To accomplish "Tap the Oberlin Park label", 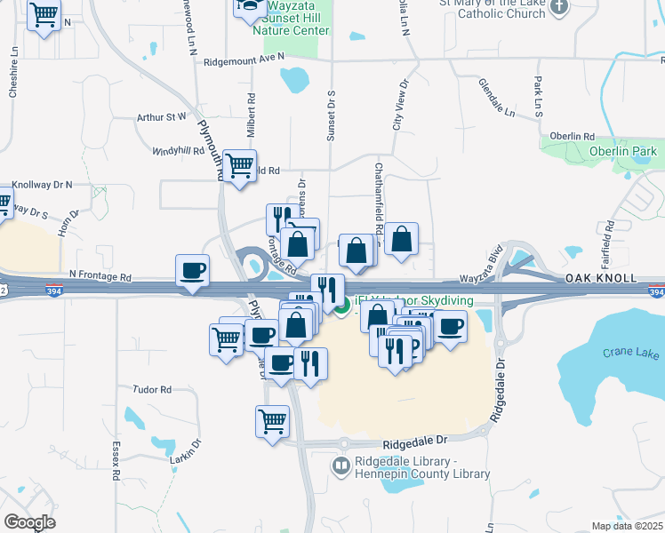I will click(622, 151).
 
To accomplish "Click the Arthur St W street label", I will click(162, 116).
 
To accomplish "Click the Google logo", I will click(29, 521).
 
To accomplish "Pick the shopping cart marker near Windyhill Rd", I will click(239, 165).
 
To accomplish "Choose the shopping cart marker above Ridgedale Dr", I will click(272, 421).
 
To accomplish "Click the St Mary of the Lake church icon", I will click(558, 8).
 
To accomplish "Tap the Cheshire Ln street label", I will click(14, 79).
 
